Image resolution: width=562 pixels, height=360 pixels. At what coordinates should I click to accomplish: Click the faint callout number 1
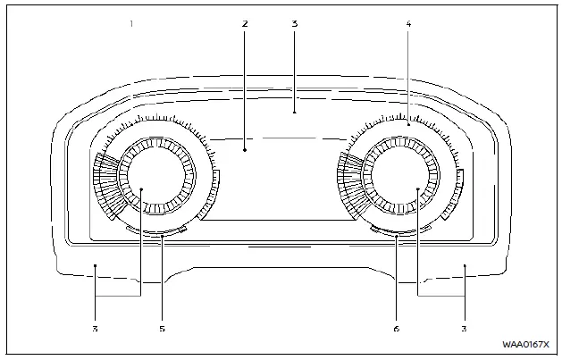click(x=131, y=24)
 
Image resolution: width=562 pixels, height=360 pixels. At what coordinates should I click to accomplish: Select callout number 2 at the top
click(x=245, y=24)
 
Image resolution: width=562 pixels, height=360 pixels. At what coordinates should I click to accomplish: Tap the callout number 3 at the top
click(x=294, y=24)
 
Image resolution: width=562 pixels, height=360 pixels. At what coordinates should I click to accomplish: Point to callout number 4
click(x=408, y=24)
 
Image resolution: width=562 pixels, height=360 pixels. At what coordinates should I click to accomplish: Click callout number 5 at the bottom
click(x=162, y=329)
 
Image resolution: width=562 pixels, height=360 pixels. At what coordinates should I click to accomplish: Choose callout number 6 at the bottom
click(x=397, y=329)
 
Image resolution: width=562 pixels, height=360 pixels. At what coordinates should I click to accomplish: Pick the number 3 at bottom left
click(x=95, y=329)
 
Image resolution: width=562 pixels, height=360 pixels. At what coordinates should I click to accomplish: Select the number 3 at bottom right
click(x=464, y=329)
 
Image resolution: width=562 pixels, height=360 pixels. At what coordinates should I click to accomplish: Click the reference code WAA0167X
click(x=525, y=345)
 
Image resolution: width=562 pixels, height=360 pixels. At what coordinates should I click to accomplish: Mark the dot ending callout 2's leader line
click(x=245, y=150)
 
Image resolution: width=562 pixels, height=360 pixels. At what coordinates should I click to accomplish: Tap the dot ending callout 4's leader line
click(x=408, y=125)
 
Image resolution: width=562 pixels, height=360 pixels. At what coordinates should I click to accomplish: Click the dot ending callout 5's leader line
click(x=162, y=237)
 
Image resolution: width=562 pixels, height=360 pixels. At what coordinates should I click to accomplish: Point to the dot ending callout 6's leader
click(x=397, y=237)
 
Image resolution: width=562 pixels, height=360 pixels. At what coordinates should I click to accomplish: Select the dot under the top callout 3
click(x=294, y=113)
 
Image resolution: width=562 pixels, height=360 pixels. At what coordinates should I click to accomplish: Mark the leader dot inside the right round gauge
click(x=418, y=188)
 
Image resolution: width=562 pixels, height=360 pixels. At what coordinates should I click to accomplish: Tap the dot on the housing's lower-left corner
click(x=95, y=265)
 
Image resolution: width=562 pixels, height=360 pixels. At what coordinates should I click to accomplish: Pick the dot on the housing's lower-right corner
click(x=465, y=265)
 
